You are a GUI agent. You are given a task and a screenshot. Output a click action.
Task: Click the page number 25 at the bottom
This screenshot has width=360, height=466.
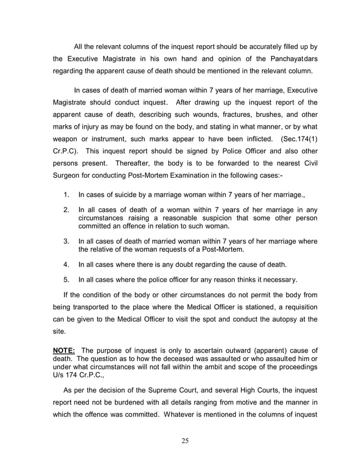pos(185,441)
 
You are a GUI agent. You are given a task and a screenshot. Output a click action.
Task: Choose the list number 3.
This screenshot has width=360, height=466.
pos(66,241)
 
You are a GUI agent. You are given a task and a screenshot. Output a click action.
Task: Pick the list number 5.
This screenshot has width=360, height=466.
pos(66,279)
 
